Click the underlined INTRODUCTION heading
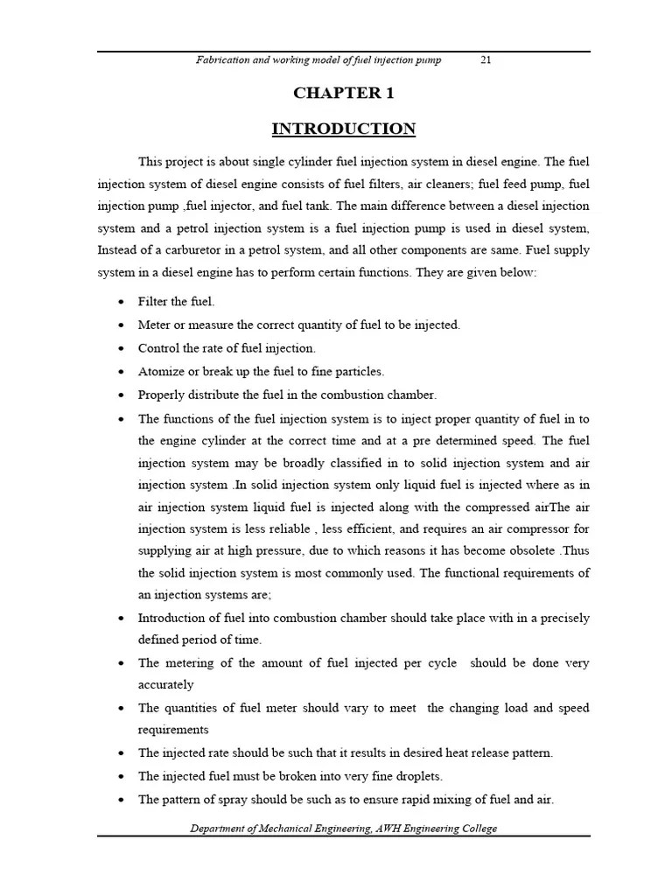(x=343, y=129)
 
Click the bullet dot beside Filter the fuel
(x=120, y=302)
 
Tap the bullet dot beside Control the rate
(x=120, y=348)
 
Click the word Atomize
(x=160, y=371)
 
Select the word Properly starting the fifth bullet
(x=161, y=394)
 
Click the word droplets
(x=419, y=775)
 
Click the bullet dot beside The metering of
(x=120, y=663)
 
